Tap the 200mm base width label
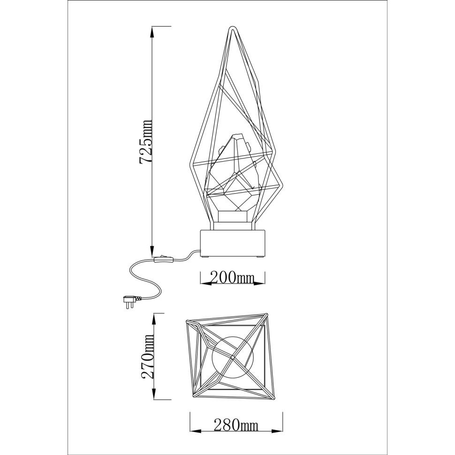click(232, 278)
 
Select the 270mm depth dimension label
click(147, 356)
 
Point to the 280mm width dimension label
click(236, 425)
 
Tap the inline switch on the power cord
click(164, 259)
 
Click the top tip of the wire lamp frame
click(232, 28)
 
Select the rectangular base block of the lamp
click(233, 243)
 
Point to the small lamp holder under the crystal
click(233, 216)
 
